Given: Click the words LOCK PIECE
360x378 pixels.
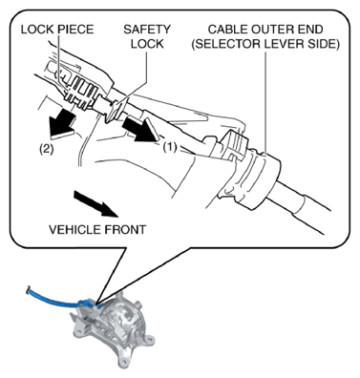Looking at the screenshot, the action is tap(57, 30).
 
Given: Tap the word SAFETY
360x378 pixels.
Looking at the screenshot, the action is tap(147, 30).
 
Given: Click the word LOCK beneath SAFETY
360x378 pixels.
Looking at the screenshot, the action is tap(147, 44).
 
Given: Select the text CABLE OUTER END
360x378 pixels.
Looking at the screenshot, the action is tap(265, 30).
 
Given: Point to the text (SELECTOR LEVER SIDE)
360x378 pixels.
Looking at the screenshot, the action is tap(265, 44).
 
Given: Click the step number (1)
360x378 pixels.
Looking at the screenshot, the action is tap(170, 147).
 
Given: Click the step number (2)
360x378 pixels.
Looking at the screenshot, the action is tap(46, 149).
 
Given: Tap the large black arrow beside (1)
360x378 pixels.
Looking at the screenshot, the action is tap(141, 129).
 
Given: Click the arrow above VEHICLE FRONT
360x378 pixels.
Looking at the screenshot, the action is tap(95, 203).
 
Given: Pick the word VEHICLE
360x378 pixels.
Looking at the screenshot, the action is tap(73, 229).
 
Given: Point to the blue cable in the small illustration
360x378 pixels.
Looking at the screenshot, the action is tap(57, 300).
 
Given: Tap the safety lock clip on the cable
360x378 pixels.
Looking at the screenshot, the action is tap(116, 110).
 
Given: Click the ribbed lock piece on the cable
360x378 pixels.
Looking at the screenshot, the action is tap(80, 92).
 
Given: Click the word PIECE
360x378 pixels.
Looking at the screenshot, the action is tap(76, 30).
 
